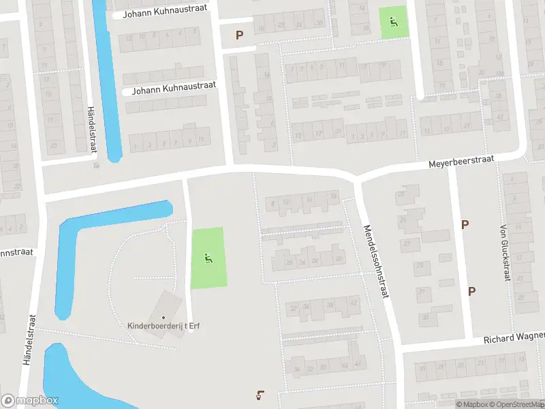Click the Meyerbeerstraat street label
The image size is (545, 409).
460,161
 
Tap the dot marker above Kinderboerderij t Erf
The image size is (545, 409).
163,317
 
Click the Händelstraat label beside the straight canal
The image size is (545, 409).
91,130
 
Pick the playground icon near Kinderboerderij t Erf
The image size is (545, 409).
207,258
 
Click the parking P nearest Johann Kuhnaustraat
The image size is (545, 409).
239,35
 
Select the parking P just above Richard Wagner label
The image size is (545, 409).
471,291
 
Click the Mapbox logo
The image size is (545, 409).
29,401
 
